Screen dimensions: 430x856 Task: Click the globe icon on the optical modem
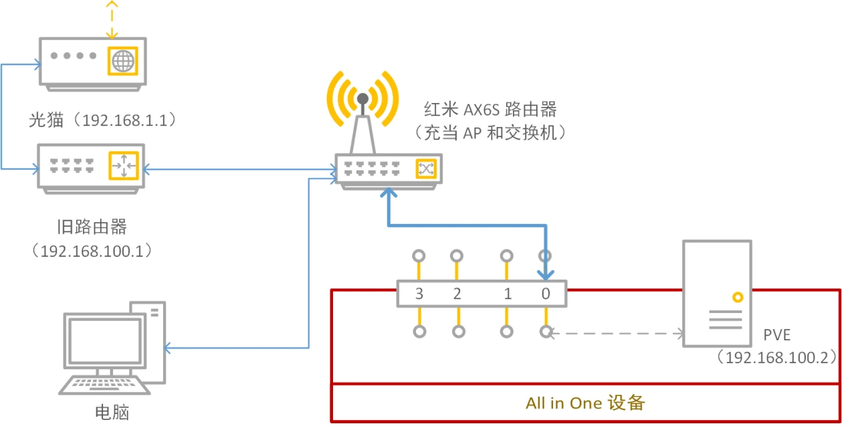(122, 62)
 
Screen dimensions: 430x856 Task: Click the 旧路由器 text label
(92, 227)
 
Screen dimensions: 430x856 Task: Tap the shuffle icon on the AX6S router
(425, 169)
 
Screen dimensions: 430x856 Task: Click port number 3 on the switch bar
(419, 294)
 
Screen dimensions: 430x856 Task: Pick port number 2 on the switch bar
(457, 294)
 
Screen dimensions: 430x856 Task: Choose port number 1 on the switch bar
(508, 294)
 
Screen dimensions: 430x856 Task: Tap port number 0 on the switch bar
(546, 294)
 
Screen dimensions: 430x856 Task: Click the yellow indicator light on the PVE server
(737, 297)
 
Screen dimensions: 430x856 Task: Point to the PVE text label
(777, 334)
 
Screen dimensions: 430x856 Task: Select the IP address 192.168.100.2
(776, 357)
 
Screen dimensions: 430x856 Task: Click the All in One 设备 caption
(585, 403)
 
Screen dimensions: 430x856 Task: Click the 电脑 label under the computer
(111, 411)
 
